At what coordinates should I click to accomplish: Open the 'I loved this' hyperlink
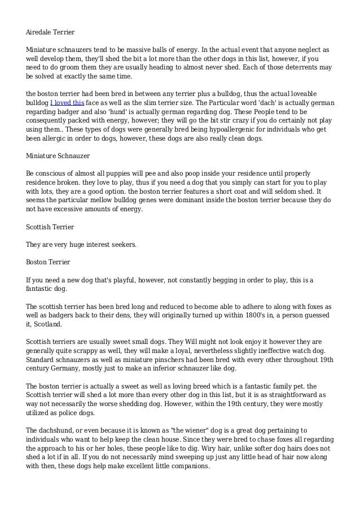67,103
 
